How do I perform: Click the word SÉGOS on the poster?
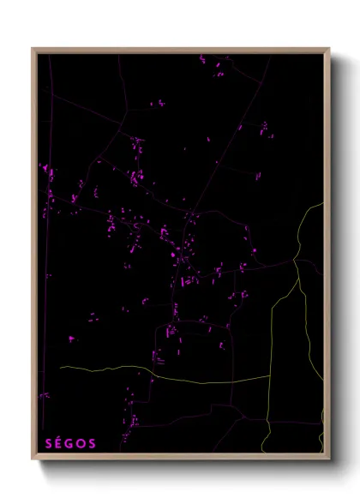[70, 443]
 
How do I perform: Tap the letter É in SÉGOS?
[59, 443]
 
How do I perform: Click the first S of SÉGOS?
[48, 443]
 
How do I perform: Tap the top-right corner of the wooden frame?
[329, 48]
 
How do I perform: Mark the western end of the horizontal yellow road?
[60, 368]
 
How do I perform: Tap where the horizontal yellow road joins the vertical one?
[271, 375]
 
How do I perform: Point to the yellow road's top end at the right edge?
[323, 203]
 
